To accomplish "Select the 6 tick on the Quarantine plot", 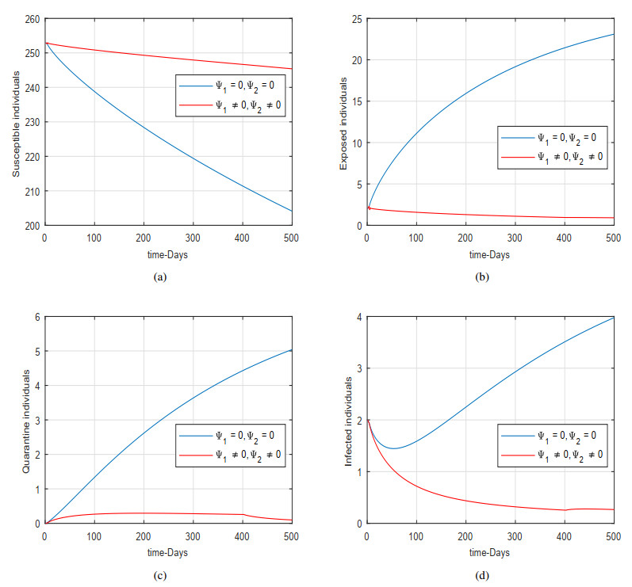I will point(37,317).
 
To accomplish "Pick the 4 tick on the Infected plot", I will point(358,317).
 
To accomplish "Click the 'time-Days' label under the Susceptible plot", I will point(168,254).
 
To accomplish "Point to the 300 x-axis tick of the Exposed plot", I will point(515,238).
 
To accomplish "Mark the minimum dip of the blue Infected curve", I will point(391,448).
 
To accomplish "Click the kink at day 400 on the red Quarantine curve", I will point(243,515).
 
